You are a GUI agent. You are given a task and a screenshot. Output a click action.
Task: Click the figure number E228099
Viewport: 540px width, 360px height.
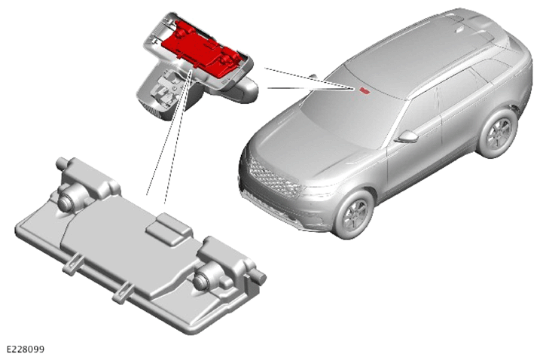[26, 349]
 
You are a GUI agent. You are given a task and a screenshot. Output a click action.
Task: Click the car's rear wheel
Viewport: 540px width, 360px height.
[497, 133]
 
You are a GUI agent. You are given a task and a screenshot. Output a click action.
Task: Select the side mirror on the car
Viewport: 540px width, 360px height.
[407, 137]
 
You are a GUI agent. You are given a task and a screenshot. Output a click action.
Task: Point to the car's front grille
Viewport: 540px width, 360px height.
[272, 177]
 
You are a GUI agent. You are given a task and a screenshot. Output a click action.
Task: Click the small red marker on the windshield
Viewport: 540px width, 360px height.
[364, 90]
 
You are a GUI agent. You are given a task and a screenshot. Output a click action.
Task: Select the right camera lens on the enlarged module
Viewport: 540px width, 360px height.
[201, 280]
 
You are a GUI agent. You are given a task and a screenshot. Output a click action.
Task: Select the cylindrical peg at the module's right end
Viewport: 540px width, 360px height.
[258, 276]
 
